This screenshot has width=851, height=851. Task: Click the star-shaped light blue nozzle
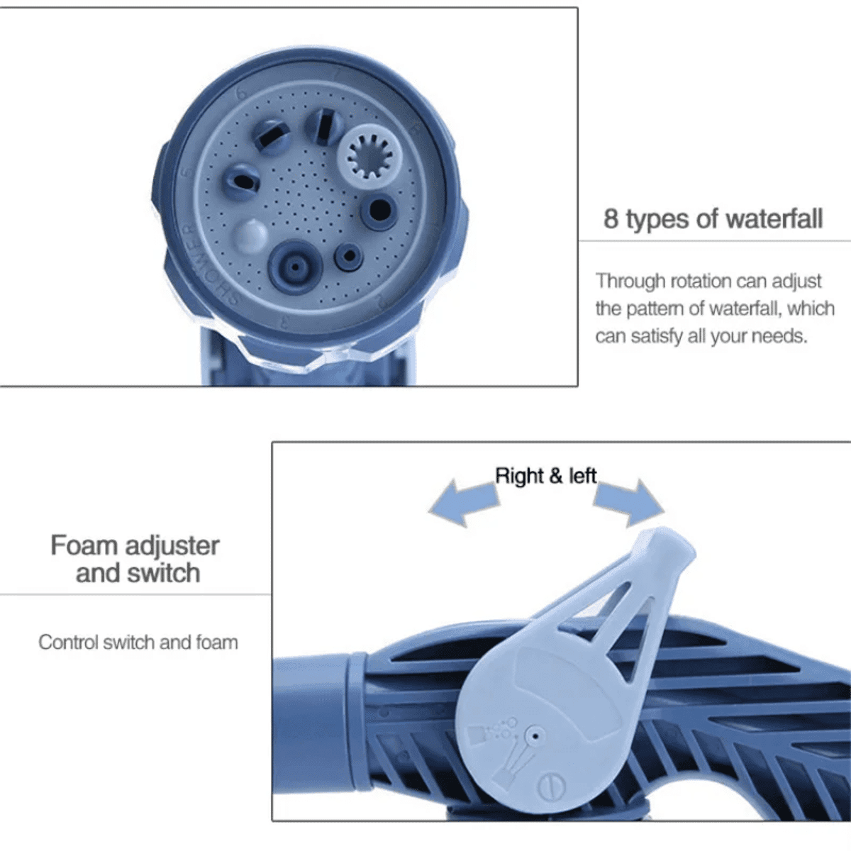(x=369, y=157)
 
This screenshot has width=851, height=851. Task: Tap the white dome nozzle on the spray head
(x=250, y=235)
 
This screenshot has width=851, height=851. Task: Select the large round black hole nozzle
(x=379, y=210)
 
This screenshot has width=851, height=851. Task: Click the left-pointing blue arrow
(x=464, y=503)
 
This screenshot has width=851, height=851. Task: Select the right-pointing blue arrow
(x=629, y=502)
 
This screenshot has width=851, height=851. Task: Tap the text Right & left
(x=546, y=476)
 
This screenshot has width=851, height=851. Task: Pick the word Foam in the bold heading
(x=84, y=545)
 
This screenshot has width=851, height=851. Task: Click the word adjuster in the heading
(x=172, y=547)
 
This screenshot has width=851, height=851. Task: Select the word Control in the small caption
(x=68, y=642)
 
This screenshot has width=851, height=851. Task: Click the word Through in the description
(x=630, y=282)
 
